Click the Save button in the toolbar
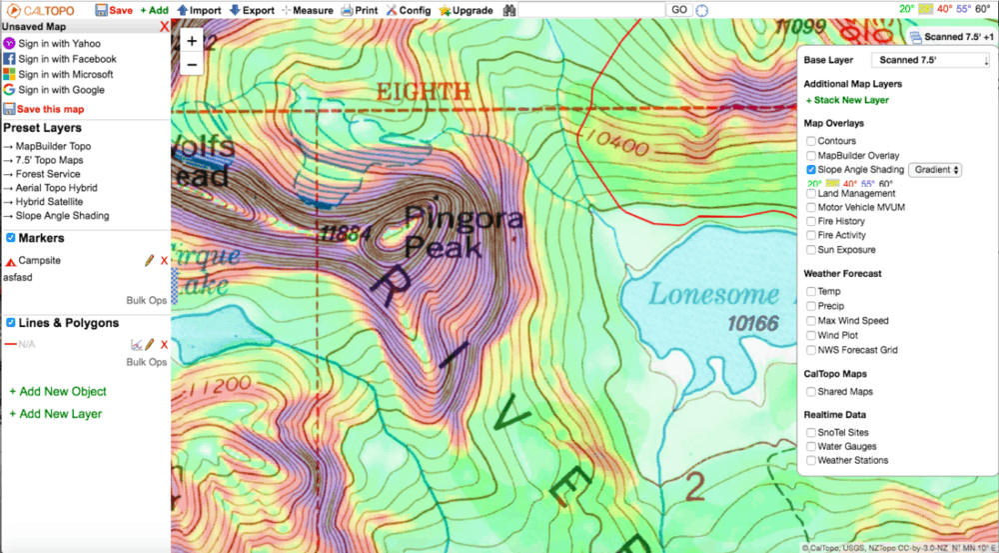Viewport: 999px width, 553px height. pos(113,10)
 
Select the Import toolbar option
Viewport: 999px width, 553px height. pos(199,10)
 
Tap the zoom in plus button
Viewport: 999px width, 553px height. pos(192,41)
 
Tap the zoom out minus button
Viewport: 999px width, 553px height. pos(192,64)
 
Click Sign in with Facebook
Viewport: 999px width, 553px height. pos(59,59)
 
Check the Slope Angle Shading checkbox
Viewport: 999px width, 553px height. pos(811,170)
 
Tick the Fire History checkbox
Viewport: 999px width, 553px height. pos(811,221)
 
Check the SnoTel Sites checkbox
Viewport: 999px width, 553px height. pos(811,432)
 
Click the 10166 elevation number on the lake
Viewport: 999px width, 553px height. pos(752,323)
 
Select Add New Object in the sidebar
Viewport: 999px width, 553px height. pos(57,391)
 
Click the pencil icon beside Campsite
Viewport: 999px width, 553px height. pos(149,260)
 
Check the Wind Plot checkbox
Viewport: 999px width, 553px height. pos(811,335)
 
